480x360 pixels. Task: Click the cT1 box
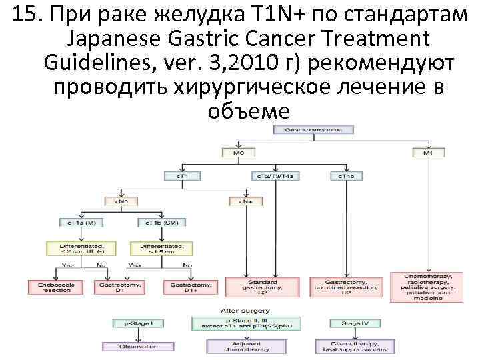pos(182,176)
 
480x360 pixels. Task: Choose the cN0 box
pos(121,199)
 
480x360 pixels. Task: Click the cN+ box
pos(246,199)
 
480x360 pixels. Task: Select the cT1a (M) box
pos(81,222)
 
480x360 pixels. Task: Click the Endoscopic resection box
pos(51,287)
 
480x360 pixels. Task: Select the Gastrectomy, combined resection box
pos(355,287)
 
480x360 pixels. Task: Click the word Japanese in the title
pos(113,39)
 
